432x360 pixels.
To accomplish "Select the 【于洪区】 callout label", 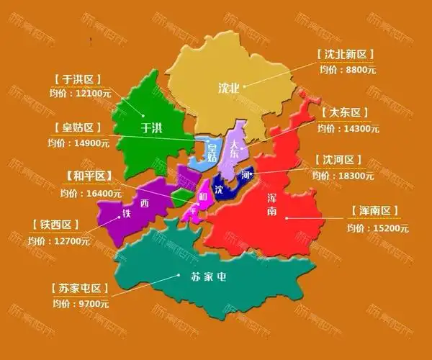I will point(77,78).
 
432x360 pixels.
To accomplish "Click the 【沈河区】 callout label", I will point(339,160).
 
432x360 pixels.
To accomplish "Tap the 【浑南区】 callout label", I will point(373,211).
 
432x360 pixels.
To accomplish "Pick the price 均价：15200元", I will point(377,228).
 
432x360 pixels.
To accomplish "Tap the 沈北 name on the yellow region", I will point(230,88).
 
